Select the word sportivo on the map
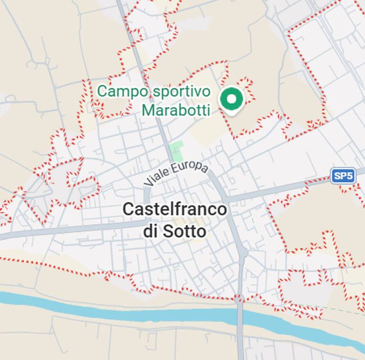[x=181, y=91]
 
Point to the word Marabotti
[x=175, y=110]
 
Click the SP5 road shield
[x=343, y=176]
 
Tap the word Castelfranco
[x=175, y=210]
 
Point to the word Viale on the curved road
[x=156, y=176]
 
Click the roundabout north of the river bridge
[x=243, y=253]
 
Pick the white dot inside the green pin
[x=231, y=98]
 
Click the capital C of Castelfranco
[x=128, y=210]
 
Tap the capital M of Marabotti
[x=149, y=110]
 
